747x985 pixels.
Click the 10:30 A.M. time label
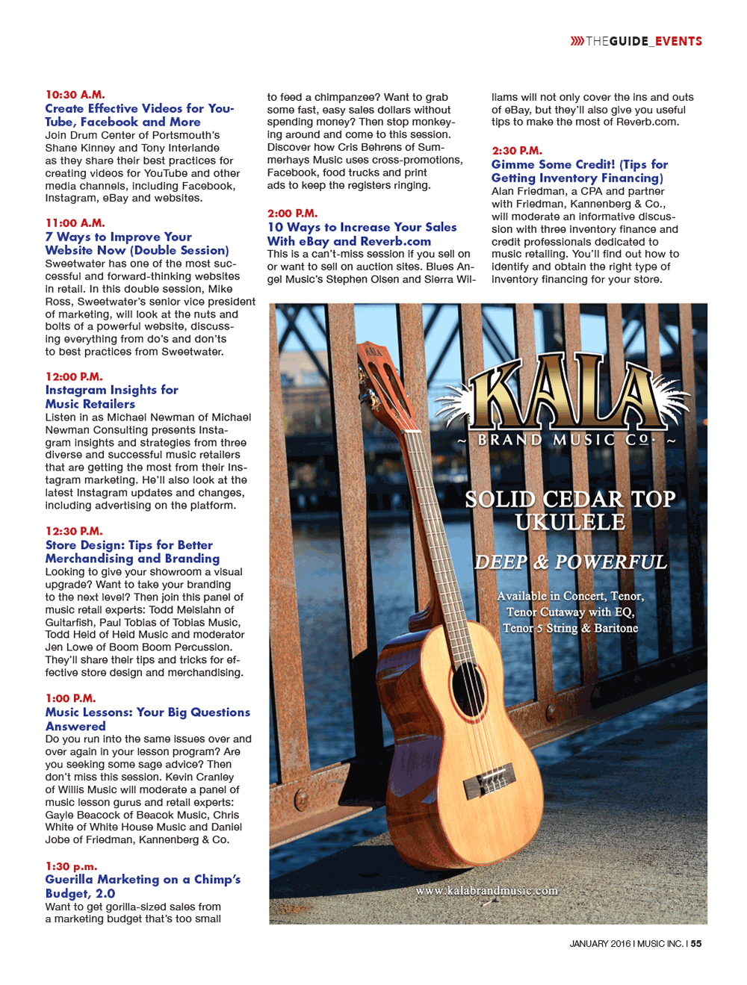(75, 95)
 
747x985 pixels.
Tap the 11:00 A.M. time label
(75, 223)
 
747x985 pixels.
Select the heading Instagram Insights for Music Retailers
(111, 397)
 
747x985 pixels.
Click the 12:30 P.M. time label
(74, 531)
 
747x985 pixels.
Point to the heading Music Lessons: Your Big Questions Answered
(147, 719)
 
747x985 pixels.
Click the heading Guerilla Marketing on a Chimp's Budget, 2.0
(143, 886)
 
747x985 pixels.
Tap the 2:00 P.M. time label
(292, 214)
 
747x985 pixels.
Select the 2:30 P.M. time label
(517, 151)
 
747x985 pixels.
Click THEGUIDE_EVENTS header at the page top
(644, 41)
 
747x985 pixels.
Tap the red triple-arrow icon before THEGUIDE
(577, 41)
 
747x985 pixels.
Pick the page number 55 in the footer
(696, 944)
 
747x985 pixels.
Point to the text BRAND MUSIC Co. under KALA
(565, 440)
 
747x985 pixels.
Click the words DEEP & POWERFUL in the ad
(571, 562)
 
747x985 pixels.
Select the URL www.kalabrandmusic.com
(486, 891)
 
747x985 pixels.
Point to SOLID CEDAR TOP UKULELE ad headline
(570, 510)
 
